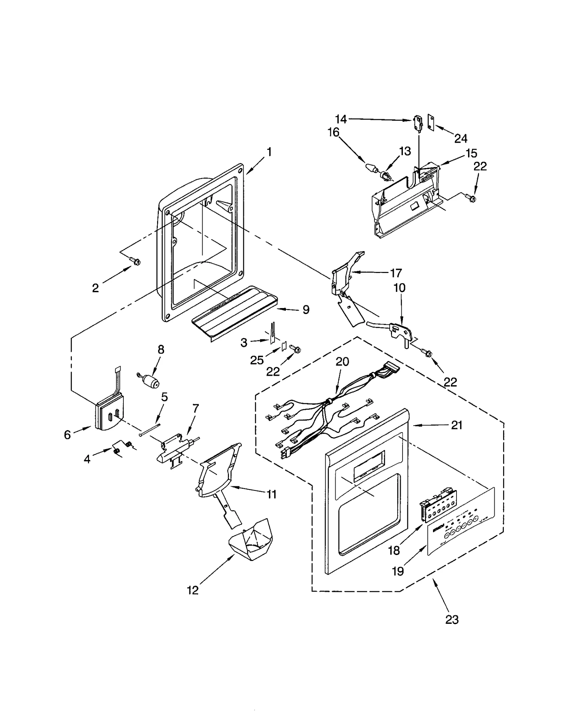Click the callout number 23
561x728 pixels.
pyautogui.click(x=451, y=620)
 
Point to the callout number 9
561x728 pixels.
pyautogui.click(x=305, y=309)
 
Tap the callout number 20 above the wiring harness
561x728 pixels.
pyautogui.click(x=342, y=361)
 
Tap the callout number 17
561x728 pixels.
pyautogui.click(x=396, y=272)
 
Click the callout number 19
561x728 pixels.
pyautogui.click(x=398, y=572)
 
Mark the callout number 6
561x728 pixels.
pyautogui.click(x=67, y=435)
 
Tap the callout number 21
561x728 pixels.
pyautogui.click(x=457, y=425)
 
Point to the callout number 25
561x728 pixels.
pyautogui.click(x=257, y=360)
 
